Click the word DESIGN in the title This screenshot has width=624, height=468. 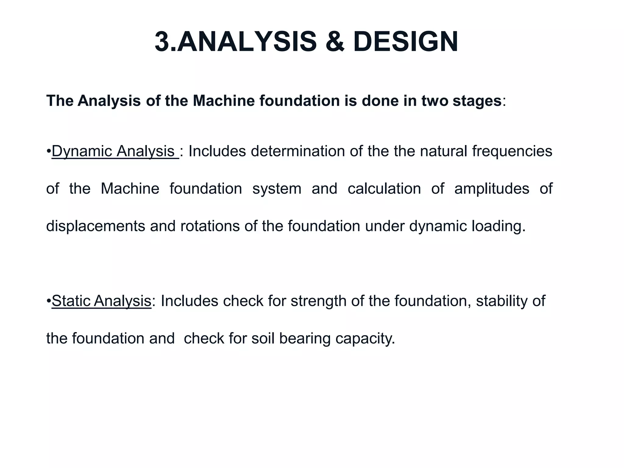click(406, 42)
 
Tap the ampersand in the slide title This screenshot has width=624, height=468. click(335, 42)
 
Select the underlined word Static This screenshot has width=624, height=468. click(71, 301)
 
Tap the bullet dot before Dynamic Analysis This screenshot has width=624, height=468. click(49, 151)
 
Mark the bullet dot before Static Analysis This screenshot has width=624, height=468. click(49, 301)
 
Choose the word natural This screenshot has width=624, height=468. click(443, 151)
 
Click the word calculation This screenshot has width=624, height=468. click(384, 189)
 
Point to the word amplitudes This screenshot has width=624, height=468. click(491, 189)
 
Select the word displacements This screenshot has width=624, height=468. click(96, 226)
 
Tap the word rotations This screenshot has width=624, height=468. click(210, 226)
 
